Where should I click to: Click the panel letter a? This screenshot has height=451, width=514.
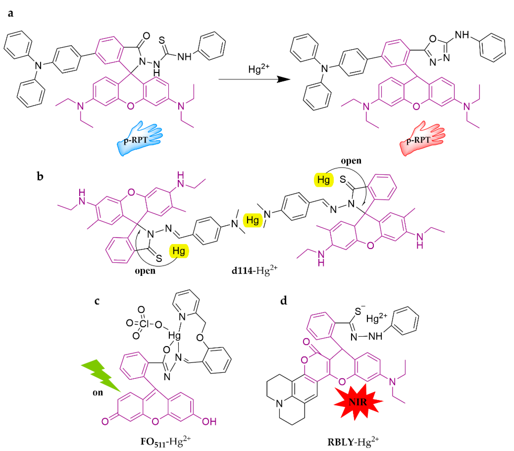point(11,13)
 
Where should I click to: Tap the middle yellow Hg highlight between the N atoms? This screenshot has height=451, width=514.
point(252,220)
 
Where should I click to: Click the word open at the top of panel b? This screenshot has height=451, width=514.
point(351,161)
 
